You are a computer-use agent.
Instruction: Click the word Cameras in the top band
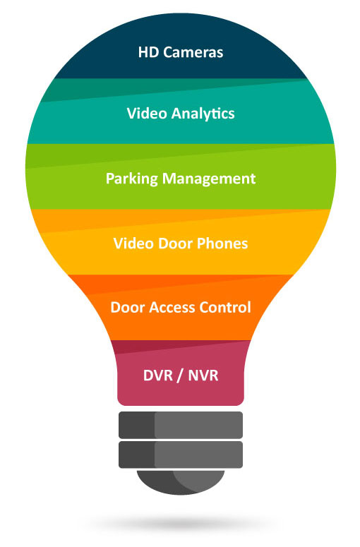point(193,52)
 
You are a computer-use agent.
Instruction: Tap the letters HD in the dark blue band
point(149,52)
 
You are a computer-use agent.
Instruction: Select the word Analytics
point(203,114)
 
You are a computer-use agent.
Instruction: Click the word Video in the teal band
point(148,114)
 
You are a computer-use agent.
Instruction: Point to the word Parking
point(132,179)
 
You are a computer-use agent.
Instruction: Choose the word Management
point(210,179)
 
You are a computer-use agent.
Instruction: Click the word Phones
point(222,244)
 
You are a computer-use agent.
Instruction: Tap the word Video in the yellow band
point(133,244)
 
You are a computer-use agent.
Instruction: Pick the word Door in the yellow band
point(176,244)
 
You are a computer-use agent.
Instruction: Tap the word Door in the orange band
point(128,307)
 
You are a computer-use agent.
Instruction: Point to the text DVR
point(158,375)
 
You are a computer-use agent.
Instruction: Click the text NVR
point(203,375)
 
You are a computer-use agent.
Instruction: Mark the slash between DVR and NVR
point(181,376)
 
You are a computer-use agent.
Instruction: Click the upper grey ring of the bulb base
point(181,425)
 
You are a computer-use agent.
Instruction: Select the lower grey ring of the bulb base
point(181,455)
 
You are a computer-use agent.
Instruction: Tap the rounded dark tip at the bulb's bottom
point(181,482)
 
